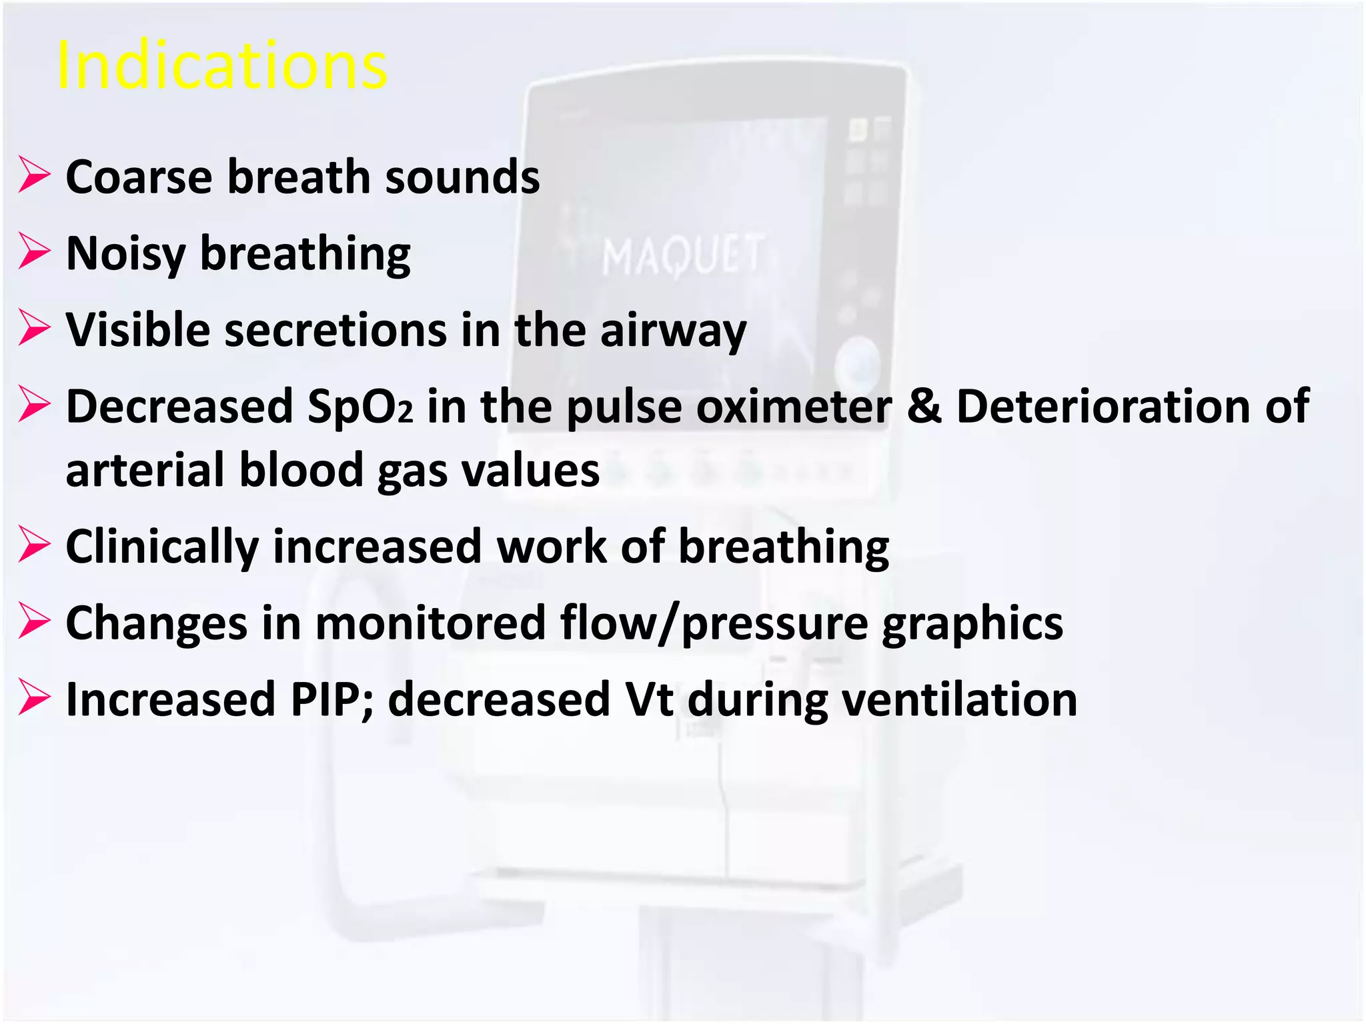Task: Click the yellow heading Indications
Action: coord(221,65)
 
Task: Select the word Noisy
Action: coord(125,254)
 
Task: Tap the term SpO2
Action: coord(360,407)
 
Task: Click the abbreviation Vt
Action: coord(648,700)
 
